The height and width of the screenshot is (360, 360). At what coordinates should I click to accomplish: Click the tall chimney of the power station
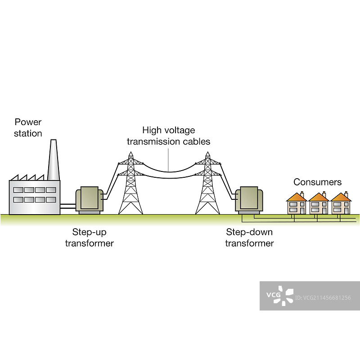53,162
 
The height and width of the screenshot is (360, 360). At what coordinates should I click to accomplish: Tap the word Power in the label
28,122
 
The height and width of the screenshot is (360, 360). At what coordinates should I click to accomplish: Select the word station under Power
28,133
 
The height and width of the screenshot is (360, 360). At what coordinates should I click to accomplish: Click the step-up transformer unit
90,199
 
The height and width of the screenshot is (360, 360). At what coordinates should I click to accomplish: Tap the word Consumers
317,182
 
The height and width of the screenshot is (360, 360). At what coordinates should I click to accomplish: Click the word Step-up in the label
89,232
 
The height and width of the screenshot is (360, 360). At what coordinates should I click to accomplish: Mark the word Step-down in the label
249,232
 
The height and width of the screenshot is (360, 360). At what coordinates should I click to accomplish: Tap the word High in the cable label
151,130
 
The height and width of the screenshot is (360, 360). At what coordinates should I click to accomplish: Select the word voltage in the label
179,130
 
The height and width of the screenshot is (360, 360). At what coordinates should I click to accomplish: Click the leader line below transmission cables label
169,160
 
